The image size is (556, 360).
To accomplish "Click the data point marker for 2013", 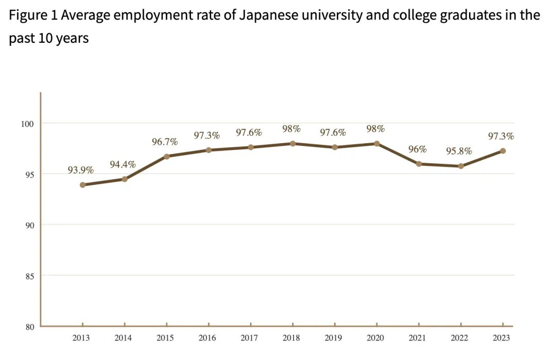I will tap(82, 185).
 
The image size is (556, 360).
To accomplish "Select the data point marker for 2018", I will tap(292, 144).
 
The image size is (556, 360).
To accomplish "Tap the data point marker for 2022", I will tap(461, 166).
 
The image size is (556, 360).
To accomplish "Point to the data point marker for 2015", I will tap(166, 156).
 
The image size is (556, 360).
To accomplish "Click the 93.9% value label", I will tap(81, 170).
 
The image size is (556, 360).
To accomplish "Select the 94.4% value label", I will tap(123, 165).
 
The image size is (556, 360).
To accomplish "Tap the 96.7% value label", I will tap(165, 142).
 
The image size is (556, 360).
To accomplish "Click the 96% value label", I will tap(418, 149).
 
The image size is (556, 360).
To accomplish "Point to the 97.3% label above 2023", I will tap(501, 136).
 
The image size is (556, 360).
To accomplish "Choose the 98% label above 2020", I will tap(375, 129).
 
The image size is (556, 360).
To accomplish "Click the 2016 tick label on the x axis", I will tap(207, 338).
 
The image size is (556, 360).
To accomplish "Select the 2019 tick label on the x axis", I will tap(333, 338).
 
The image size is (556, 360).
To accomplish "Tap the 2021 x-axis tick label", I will tap(418, 338).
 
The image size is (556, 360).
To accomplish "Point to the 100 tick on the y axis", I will tap(27, 124).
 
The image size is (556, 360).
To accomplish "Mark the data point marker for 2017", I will tap(251, 147).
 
